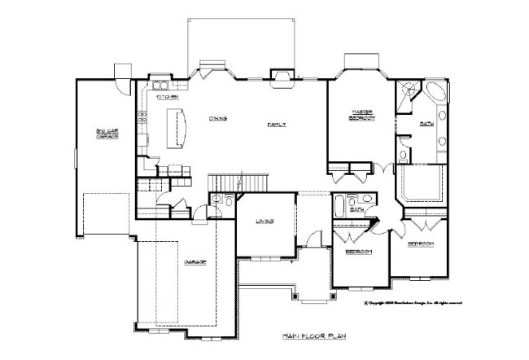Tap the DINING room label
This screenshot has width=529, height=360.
coord(216,119)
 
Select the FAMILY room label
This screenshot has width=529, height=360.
coord(280,124)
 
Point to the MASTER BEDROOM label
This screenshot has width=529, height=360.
coord(361,116)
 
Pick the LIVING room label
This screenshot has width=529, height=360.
coord(264,221)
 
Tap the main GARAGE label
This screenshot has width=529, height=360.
coord(194,262)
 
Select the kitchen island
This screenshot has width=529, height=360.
coord(176,130)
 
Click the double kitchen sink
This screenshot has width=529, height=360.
coord(159,85)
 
